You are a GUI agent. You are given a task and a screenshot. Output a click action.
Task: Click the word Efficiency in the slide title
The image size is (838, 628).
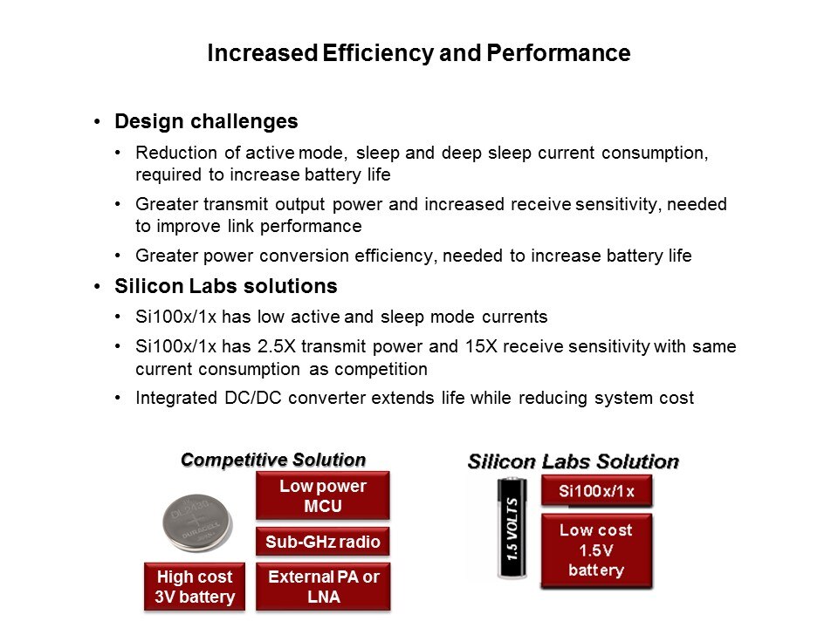[378, 53]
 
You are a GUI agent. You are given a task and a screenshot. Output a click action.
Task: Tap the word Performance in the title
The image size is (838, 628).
[559, 53]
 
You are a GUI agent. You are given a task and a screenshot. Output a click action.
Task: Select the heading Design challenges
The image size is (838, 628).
[206, 122]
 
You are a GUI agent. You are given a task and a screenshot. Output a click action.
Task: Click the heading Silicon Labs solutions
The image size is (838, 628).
[226, 286]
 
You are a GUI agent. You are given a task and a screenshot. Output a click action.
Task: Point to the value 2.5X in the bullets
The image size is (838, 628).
[277, 346]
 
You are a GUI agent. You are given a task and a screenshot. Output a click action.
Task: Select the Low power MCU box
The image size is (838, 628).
[323, 495]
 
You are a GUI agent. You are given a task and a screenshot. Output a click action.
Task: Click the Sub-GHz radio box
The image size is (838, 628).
[323, 542]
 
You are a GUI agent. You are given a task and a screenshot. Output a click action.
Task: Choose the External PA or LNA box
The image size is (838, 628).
[323, 586]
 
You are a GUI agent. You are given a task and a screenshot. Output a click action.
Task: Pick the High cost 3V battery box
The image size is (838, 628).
[195, 586]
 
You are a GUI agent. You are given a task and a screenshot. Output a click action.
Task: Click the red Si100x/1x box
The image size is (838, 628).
[596, 491]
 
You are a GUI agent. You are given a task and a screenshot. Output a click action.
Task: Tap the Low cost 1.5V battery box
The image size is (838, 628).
[596, 550]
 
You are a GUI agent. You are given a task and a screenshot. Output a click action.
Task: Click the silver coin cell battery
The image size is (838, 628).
[197, 522]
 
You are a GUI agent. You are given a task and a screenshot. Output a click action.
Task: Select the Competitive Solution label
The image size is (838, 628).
[273, 460]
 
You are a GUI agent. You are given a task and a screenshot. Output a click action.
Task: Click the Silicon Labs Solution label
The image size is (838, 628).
[573, 461]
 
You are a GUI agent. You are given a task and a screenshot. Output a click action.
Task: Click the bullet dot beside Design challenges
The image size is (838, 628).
[97, 122]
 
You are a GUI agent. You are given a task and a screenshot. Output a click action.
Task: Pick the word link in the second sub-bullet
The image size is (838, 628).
[240, 226]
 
